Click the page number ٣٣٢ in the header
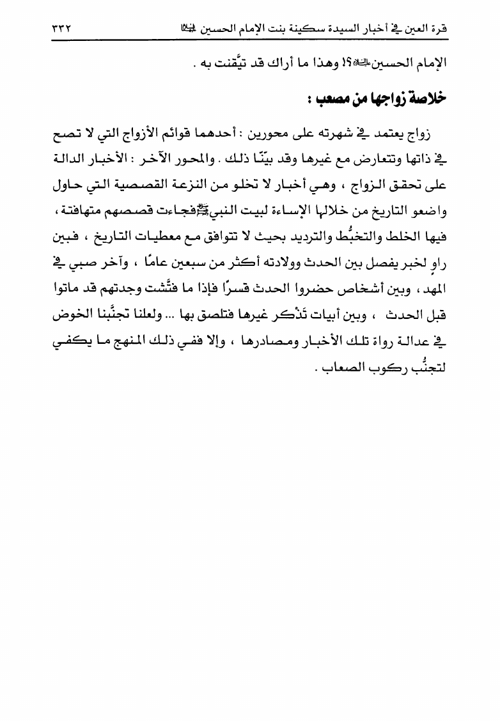coord(61,29)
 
